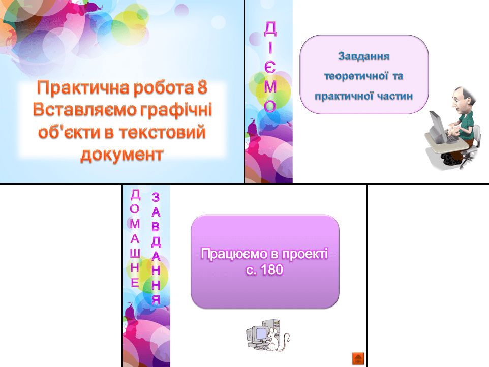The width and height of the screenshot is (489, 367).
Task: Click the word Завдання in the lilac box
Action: tap(364, 56)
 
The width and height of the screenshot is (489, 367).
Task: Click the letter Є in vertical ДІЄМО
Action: tap(270, 68)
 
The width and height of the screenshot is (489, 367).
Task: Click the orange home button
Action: tap(358, 358)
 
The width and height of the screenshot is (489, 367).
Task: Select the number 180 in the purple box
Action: tap(271, 271)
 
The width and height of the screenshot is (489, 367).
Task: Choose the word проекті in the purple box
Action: tap(300, 253)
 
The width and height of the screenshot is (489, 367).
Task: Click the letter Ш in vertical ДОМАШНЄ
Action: tap(135, 252)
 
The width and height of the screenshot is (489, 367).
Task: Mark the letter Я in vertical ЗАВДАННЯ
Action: tap(156, 300)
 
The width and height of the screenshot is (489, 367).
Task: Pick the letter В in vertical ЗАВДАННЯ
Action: tap(156, 224)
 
